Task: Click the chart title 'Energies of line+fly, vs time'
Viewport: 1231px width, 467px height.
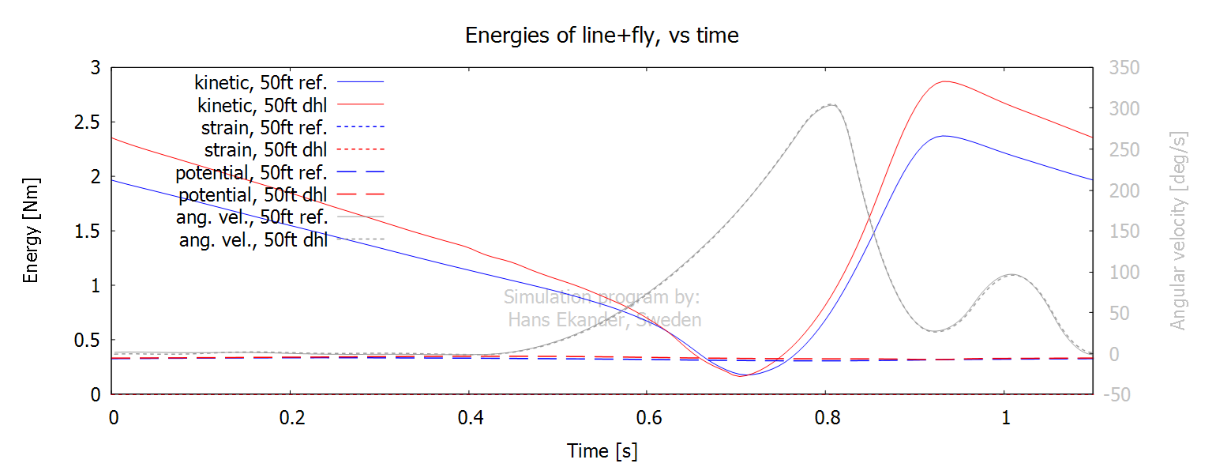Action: tap(602, 36)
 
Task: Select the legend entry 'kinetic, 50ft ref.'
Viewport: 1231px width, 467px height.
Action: tap(261, 81)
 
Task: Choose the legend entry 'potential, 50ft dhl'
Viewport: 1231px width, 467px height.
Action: tap(253, 194)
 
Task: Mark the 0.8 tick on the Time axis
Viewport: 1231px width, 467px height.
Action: tap(825, 417)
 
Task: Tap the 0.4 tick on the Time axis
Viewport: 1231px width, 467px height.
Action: tap(469, 417)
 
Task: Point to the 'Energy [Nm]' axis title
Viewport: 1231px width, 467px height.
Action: tap(31, 230)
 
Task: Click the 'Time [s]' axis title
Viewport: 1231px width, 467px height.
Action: tap(602, 451)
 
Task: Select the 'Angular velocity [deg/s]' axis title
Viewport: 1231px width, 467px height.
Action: tap(1178, 230)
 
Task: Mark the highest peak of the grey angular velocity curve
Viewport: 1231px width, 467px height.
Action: tap(831, 104)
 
